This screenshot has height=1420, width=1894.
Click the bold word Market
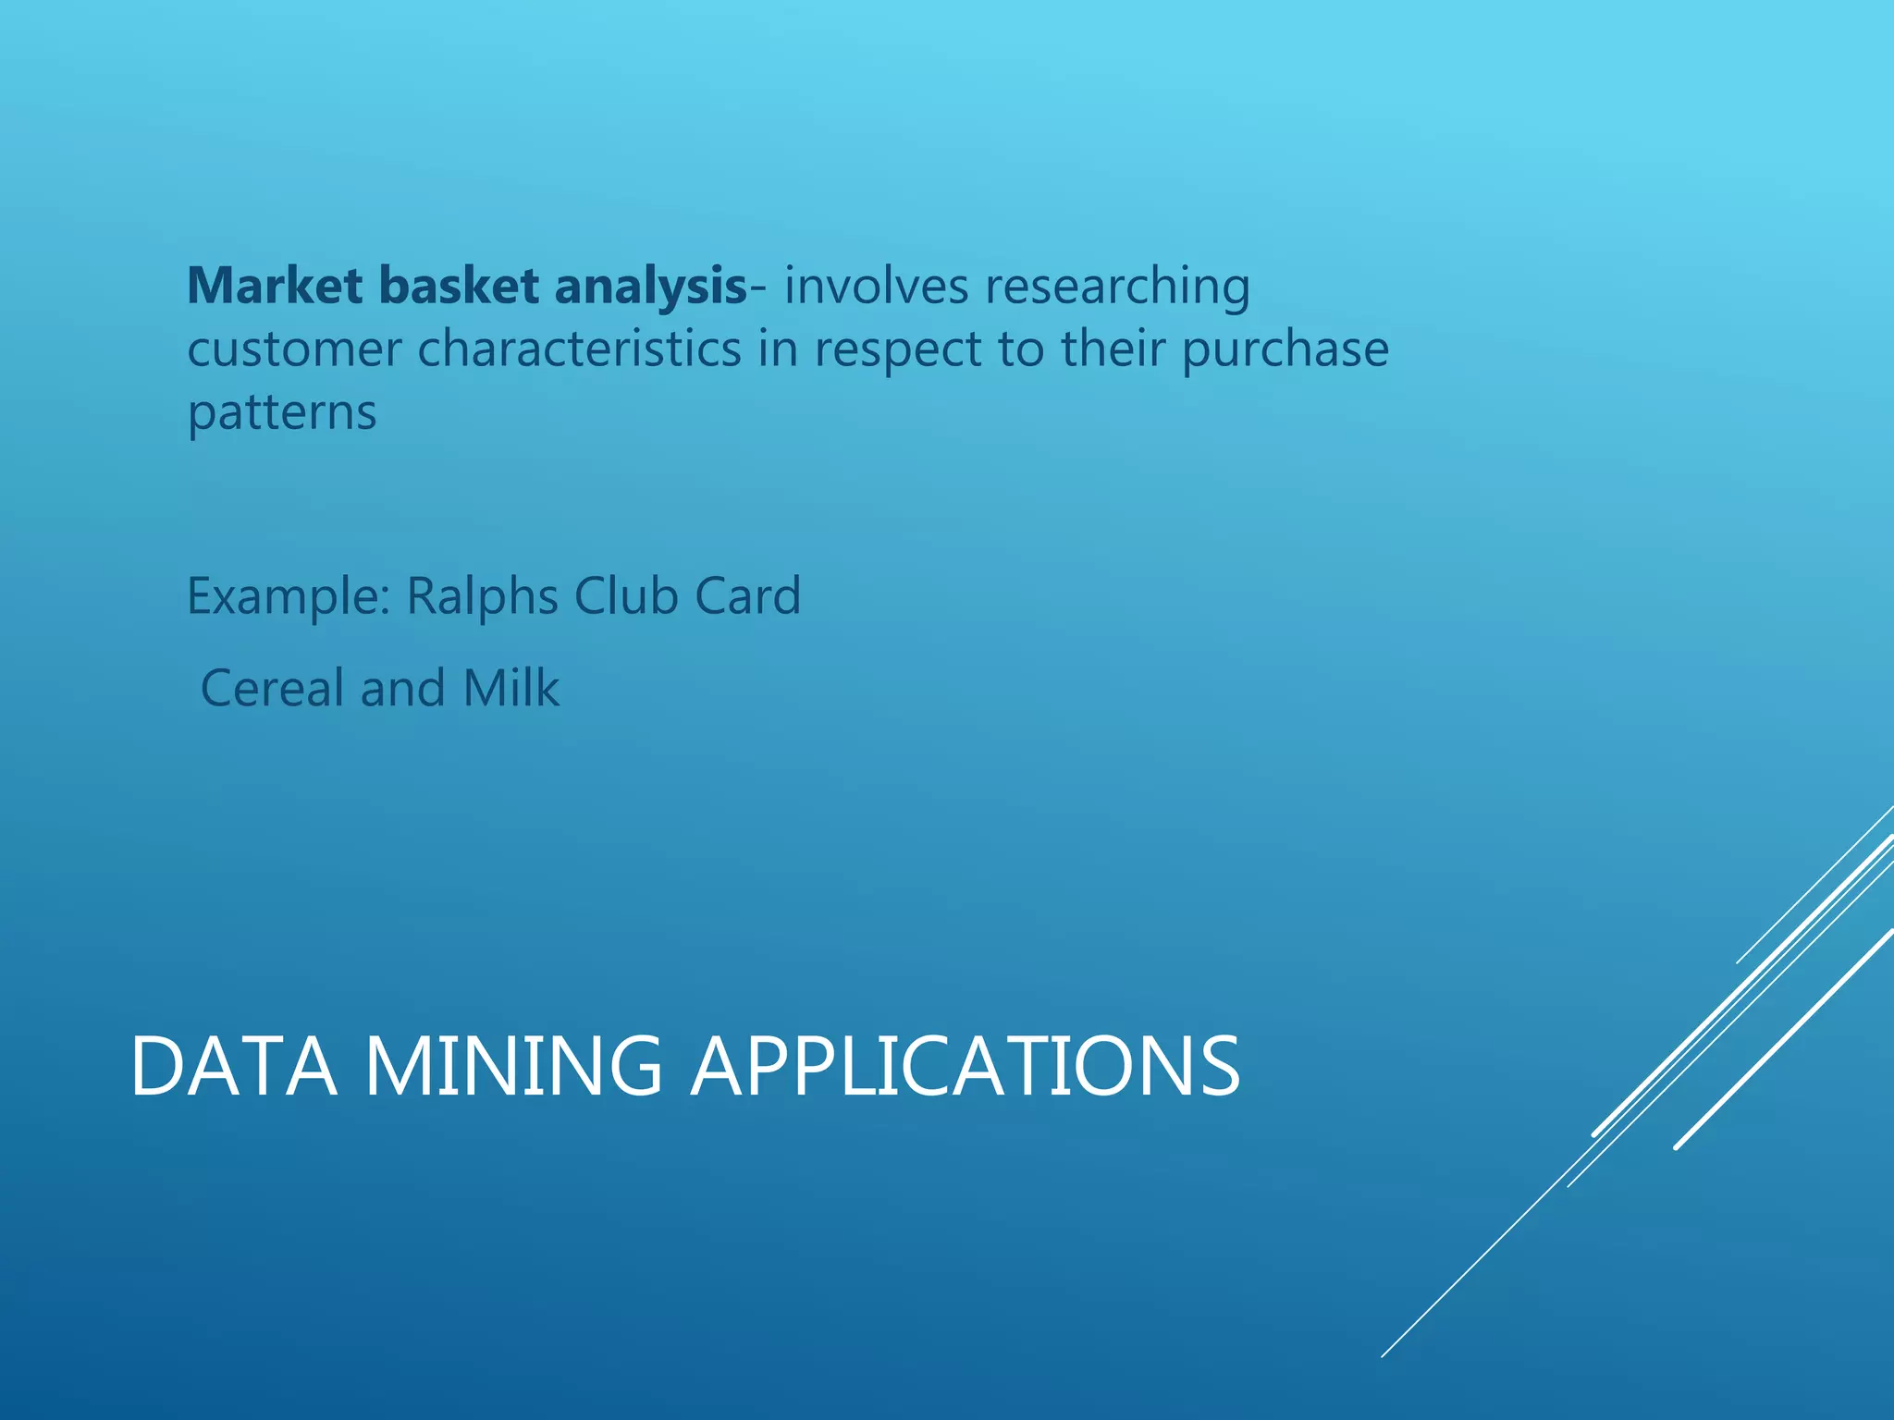[x=275, y=286]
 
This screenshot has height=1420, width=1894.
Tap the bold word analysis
[x=650, y=286]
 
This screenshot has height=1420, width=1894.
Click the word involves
[x=876, y=286]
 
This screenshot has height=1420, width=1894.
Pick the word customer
[x=294, y=349]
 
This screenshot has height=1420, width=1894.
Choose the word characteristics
[x=580, y=349]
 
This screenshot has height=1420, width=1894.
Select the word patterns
[x=282, y=413]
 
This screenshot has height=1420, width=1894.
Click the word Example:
[x=289, y=597]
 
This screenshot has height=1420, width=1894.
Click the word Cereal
[x=272, y=689]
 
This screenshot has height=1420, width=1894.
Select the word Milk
[x=511, y=689]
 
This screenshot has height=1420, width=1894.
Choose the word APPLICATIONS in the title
[x=965, y=1067]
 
